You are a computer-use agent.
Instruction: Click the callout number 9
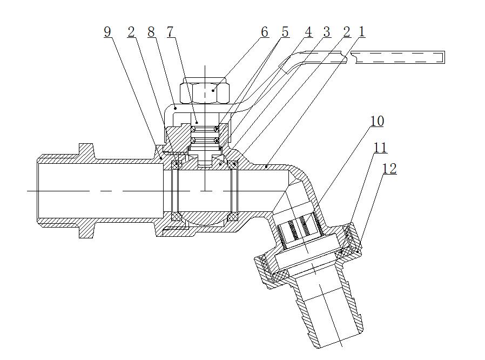point(107,32)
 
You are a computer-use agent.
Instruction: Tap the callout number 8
point(151,32)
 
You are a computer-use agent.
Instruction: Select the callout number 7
point(170,32)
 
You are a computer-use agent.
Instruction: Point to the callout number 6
point(264,32)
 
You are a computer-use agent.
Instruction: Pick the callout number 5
point(285,32)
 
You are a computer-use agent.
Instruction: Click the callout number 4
point(308,32)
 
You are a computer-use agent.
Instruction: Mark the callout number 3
point(326,32)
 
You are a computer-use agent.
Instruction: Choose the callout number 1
point(361,32)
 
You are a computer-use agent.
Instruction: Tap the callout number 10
point(377,121)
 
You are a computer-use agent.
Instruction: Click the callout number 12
point(389,169)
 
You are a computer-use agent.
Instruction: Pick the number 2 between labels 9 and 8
point(131,32)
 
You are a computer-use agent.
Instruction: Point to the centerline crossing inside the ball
point(206,191)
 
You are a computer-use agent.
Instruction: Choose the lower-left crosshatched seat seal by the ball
point(176,217)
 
